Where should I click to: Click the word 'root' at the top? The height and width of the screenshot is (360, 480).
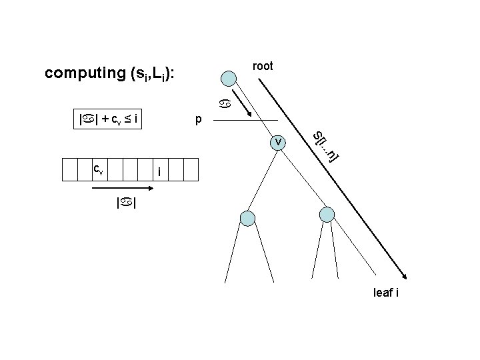[x=263, y=66]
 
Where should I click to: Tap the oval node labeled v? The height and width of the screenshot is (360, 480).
[x=277, y=141]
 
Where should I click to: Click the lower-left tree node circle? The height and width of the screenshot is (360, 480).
[x=248, y=217]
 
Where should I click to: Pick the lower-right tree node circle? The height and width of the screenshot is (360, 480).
[x=327, y=214]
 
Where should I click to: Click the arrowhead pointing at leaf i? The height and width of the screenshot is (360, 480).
[x=404, y=273]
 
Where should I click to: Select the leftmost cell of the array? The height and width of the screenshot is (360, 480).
[x=70, y=170]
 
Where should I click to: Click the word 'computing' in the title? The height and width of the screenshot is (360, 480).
[x=83, y=73]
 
